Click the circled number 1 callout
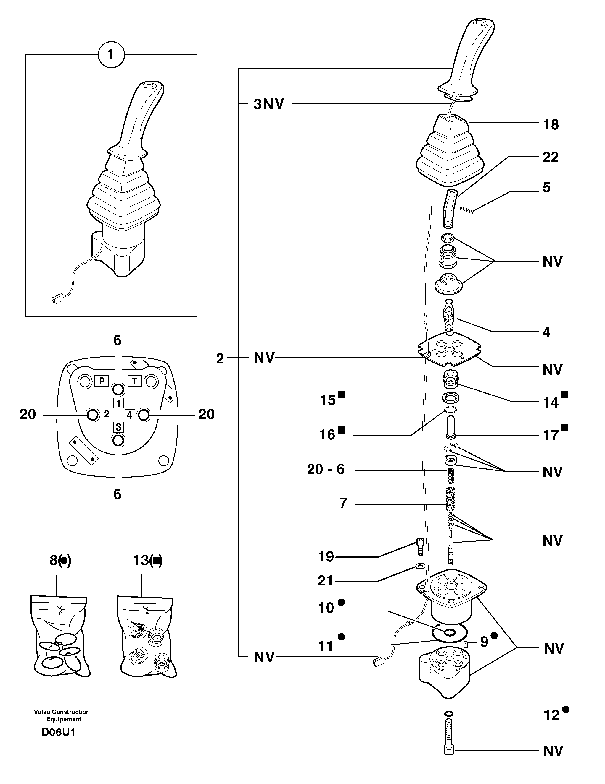pos(111,55)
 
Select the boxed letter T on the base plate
pos(135,381)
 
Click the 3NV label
pos(268,104)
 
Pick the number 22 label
pos(550,157)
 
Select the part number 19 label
pos(326,557)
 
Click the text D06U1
pos(58,732)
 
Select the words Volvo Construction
pos(62,712)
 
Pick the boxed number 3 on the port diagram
pos(118,427)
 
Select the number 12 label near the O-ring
pos(551,715)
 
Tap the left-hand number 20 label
pos(28,414)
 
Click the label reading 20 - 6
pos(326,469)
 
